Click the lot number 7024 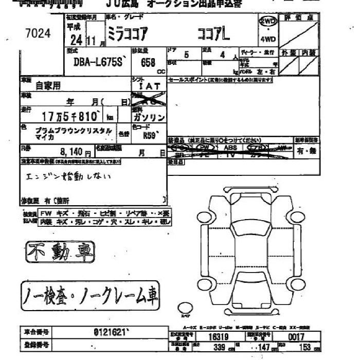pyautogui.click(x=38, y=33)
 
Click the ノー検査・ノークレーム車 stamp pyautogui.click(x=91, y=295)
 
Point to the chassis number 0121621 pyautogui.click(x=110, y=332)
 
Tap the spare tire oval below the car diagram pyautogui.click(x=184, y=308)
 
